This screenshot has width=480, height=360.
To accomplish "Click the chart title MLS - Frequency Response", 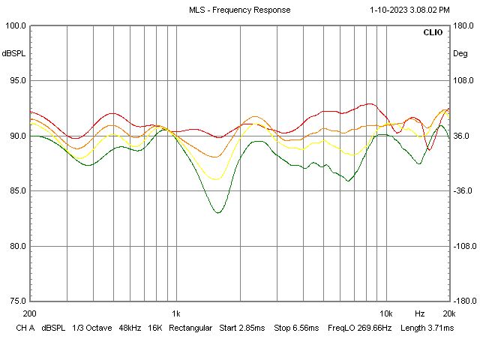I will click(x=239, y=10).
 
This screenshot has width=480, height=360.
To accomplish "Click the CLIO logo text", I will click(x=433, y=33).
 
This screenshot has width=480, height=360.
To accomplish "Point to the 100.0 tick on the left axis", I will click(x=16, y=26).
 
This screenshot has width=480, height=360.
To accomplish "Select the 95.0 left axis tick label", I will click(x=16, y=81).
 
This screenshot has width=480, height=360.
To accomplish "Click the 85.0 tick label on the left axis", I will click(x=16, y=191).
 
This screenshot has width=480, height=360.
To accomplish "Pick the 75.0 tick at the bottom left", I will click(x=16, y=301).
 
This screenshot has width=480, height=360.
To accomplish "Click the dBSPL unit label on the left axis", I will click(x=13, y=54).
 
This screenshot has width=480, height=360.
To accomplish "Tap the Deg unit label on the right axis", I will click(x=460, y=54).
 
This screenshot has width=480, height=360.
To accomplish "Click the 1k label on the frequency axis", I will click(x=176, y=313).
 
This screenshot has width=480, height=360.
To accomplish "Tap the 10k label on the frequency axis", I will click(x=385, y=313).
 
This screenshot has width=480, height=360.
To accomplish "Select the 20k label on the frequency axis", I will click(x=448, y=313).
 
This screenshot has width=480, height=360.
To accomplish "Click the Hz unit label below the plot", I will click(x=420, y=313).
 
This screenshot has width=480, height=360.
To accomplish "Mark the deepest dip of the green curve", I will click(x=218, y=212).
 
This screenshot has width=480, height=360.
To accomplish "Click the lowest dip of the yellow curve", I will click(x=217, y=178).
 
